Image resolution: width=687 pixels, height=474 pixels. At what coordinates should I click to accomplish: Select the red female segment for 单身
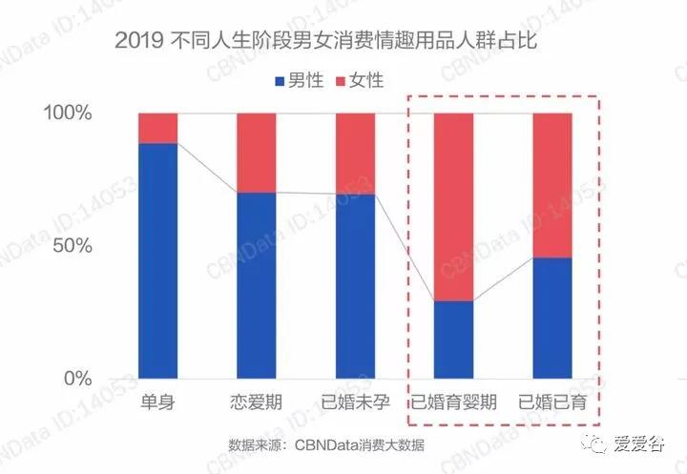coord(157,128)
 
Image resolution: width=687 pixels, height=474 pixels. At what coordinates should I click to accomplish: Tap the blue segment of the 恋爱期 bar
coord(257,285)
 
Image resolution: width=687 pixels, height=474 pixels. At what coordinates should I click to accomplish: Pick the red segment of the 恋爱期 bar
coord(257,153)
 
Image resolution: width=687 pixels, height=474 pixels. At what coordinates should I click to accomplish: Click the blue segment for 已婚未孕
coord(355,286)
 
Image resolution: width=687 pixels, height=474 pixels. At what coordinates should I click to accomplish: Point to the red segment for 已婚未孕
coord(355,154)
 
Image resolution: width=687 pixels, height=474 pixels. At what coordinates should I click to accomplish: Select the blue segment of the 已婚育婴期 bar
coord(454,340)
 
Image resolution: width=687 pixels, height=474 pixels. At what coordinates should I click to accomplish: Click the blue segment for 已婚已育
coord(552,318)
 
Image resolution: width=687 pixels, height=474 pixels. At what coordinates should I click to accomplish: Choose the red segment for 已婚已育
coord(552,185)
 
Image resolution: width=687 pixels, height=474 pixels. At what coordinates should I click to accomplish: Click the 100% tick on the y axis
coord(68,113)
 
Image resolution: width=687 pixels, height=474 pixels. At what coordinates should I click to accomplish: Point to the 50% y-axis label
coord(73,245)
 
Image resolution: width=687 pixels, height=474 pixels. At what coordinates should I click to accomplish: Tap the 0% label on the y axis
coord(77,379)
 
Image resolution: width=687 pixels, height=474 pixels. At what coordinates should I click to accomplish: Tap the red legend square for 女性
coord(343,81)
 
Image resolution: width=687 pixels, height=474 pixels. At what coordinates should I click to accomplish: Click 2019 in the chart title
coord(135,41)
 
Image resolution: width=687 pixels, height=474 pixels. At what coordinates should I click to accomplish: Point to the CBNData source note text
coord(325,444)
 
